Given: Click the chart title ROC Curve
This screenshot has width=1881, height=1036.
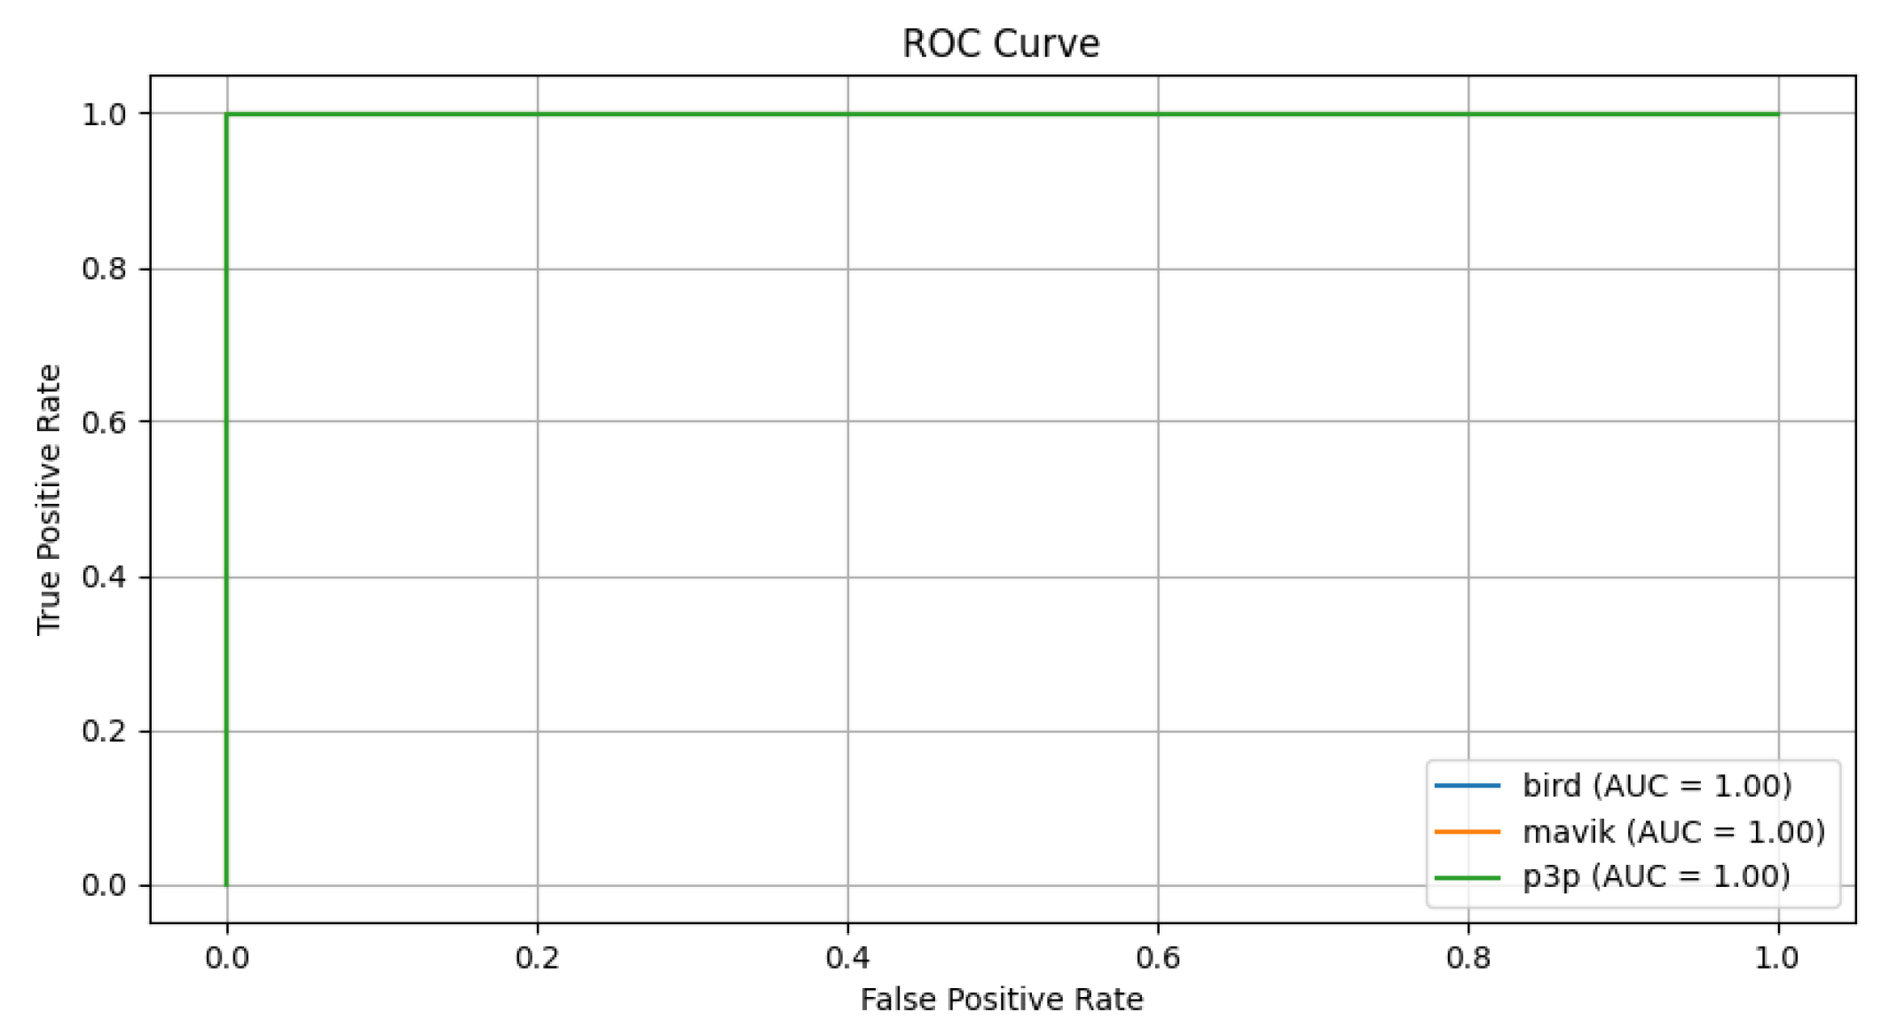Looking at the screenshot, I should coord(1000,43).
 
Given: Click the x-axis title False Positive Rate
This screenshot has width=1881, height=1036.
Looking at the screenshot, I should coord(1002,1000).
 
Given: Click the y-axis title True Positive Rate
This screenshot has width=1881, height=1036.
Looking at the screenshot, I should coord(49,499).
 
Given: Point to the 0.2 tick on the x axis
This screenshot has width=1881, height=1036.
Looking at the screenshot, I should coord(537,959).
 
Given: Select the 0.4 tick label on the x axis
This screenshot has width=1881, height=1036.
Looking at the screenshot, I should coord(847,959).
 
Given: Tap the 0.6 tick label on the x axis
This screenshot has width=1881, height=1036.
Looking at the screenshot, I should coord(1158,959).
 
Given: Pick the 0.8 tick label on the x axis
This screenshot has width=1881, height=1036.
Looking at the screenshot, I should coord(1468,959).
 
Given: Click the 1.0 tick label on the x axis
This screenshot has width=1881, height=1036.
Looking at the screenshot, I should coord(1777,959).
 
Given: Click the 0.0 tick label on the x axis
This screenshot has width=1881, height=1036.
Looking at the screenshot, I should coord(227,959).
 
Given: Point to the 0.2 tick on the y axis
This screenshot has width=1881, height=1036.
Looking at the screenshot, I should coord(104,732).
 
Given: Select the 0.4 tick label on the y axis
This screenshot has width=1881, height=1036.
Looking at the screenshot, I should coord(104,577).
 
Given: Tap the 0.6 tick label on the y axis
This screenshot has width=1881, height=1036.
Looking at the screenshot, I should coord(104,422).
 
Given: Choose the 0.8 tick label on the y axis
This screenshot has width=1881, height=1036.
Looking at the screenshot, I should coord(104,269).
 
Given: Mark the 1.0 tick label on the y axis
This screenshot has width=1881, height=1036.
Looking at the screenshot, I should coord(104,114).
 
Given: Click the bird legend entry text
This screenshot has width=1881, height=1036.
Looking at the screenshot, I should coord(1657,786).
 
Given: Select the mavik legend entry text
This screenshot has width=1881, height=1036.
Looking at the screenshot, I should coord(1673,832).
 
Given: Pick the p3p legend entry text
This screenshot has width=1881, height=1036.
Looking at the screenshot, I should coord(1656,877).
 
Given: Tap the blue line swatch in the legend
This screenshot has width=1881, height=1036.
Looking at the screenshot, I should coord(1467,786).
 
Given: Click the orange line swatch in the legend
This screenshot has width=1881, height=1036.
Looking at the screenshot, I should coord(1467,832).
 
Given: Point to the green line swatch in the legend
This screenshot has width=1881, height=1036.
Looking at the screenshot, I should coord(1467,877).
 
